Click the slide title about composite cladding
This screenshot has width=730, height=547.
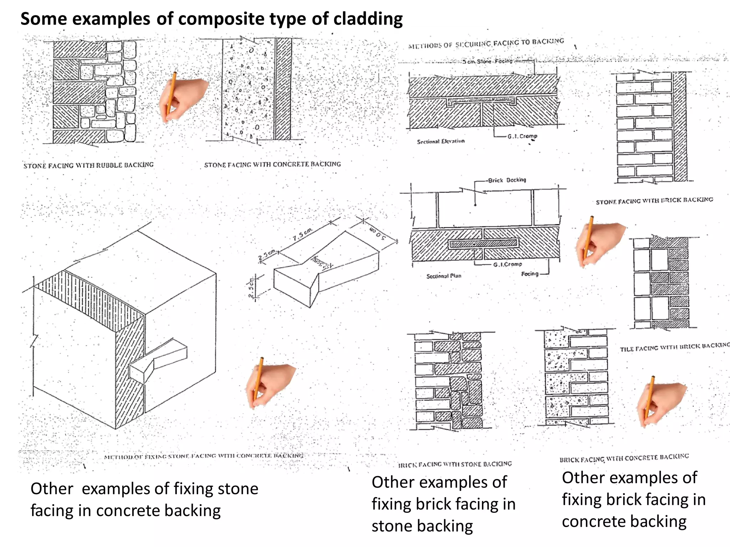pyautogui.click(x=211, y=19)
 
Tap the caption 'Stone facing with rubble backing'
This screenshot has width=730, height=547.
pyautogui.click(x=88, y=165)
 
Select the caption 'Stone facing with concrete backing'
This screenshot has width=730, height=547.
pyautogui.click(x=272, y=165)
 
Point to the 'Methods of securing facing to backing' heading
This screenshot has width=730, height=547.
pyautogui.click(x=486, y=43)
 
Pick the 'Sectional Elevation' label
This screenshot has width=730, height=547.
pyautogui.click(x=441, y=141)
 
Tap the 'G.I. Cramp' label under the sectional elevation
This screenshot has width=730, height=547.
pyautogui.click(x=522, y=136)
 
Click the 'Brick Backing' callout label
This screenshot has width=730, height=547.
pyautogui.click(x=507, y=180)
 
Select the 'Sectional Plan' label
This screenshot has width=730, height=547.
pyautogui.click(x=444, y=276)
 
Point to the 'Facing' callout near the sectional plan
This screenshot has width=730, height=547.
pyautogui.click(x=530, y=274)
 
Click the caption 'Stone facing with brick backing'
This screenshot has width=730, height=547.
pyautogui.click(x=654, y=201)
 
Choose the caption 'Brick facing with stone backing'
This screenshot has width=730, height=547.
pyautogui.click(x=455, y=464)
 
